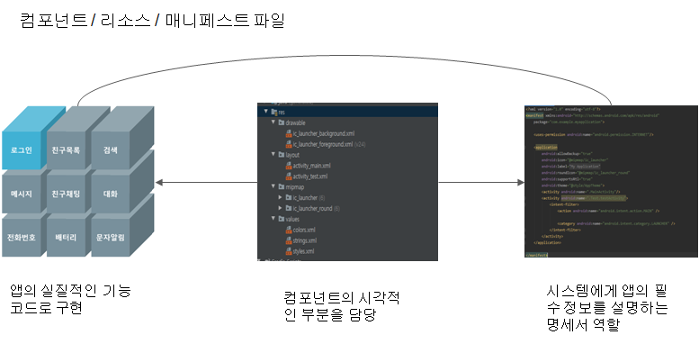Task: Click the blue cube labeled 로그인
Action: (22, 149)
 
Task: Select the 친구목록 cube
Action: (66, 149)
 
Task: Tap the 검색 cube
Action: (111, 149)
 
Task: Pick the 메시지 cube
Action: (22, 194)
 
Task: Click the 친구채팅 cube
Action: (66, 194)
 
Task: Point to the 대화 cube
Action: (111, 194)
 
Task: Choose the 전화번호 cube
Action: (22, 237)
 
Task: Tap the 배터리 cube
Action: (66, 237)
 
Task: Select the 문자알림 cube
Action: (111, 237)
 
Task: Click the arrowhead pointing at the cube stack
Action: (159, 183)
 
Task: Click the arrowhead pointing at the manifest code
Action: (519, 183)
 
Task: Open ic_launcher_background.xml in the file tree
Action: (323, 134)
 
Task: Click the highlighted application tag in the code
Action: (546, 147)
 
